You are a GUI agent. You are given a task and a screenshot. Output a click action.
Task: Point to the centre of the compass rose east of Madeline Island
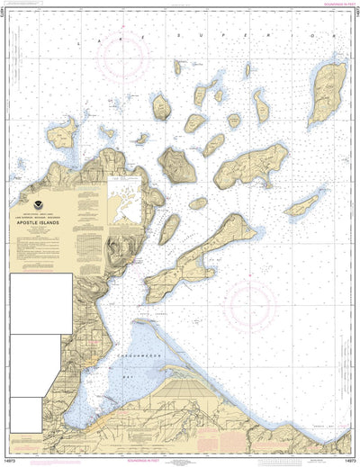pyautogui.click(x=257, y=306)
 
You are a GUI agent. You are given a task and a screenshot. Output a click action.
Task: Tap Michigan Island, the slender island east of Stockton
pyautogui.click(x=302, y=206)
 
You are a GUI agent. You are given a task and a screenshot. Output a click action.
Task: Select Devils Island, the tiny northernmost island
pyautogui.click(x=177, y=67)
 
